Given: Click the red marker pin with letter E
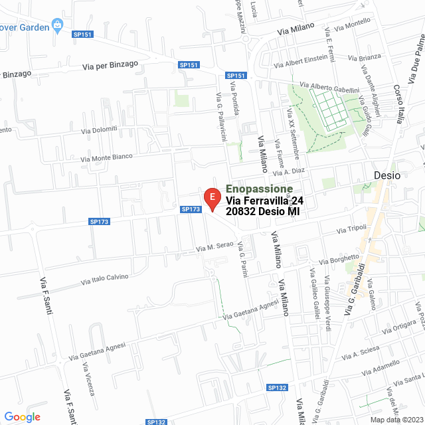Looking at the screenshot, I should [212, 199].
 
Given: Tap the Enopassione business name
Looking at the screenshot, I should [259, 189].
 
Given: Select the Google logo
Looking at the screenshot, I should [23, 417].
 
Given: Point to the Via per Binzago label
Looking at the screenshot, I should [110, 65].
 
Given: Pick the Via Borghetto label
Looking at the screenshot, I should [339, 258].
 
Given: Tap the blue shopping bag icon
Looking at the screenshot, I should [58, 25].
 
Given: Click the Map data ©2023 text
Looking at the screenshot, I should [394, 419].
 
